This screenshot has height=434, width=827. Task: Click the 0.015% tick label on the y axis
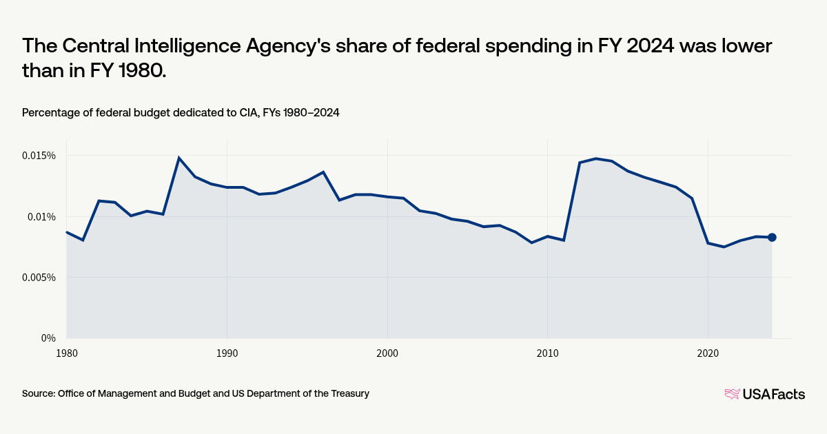click(39, 156)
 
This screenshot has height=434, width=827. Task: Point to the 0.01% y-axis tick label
click(41, 216)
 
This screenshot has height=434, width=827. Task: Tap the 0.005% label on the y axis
click(39, 278)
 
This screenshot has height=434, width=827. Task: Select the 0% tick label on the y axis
click(48, 338)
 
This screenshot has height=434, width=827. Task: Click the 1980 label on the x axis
click(67, 353)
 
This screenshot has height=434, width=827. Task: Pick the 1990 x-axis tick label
click(227, 353)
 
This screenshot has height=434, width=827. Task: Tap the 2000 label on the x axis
click(387, 353)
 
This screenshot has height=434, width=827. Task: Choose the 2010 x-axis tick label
click(547, 353)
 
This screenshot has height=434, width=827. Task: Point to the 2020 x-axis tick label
click(708, 353)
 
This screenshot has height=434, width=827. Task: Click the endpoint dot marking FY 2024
click(772, 238)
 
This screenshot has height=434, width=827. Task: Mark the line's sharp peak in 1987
click(179, 158)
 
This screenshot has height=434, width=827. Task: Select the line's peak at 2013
click(595, 158)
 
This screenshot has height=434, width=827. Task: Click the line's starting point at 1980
click(67, 232)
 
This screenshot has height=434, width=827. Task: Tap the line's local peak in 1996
click(323, 172)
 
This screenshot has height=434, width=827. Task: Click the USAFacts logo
click(764, 394)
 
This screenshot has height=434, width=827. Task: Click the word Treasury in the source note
click(349, 393)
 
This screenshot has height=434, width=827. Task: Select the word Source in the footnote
click(38, 393)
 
